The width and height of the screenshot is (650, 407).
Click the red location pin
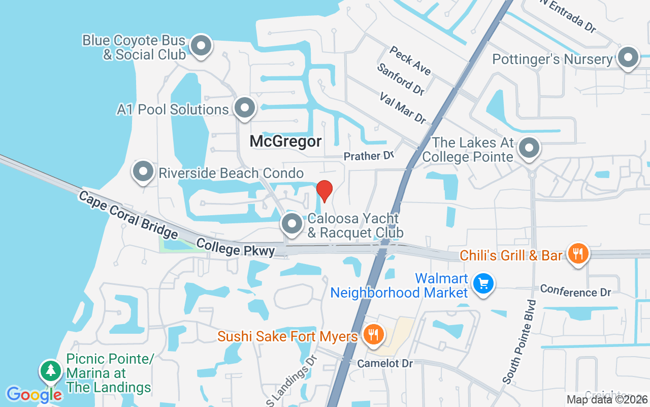[324, 191]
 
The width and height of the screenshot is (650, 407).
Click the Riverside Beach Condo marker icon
[143, 171]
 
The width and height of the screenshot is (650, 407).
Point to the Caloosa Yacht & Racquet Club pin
[292, 224]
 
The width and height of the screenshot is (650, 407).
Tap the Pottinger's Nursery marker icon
[628, 58]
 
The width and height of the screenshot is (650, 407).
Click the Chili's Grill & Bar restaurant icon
[578, 253]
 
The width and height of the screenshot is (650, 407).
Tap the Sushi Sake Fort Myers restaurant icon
[374, 335]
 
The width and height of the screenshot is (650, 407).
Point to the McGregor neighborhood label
[285, 141]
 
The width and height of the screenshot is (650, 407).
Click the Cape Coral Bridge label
[128, 214]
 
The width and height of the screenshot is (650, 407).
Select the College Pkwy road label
[235, 248]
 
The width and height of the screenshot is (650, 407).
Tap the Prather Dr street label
[369, 156]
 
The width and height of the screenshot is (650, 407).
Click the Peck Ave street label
[410, 61]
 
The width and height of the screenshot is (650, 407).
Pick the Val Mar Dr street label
[403, 107]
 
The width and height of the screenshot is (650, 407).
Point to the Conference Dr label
[575, 290]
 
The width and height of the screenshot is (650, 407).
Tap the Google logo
[34, 394]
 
